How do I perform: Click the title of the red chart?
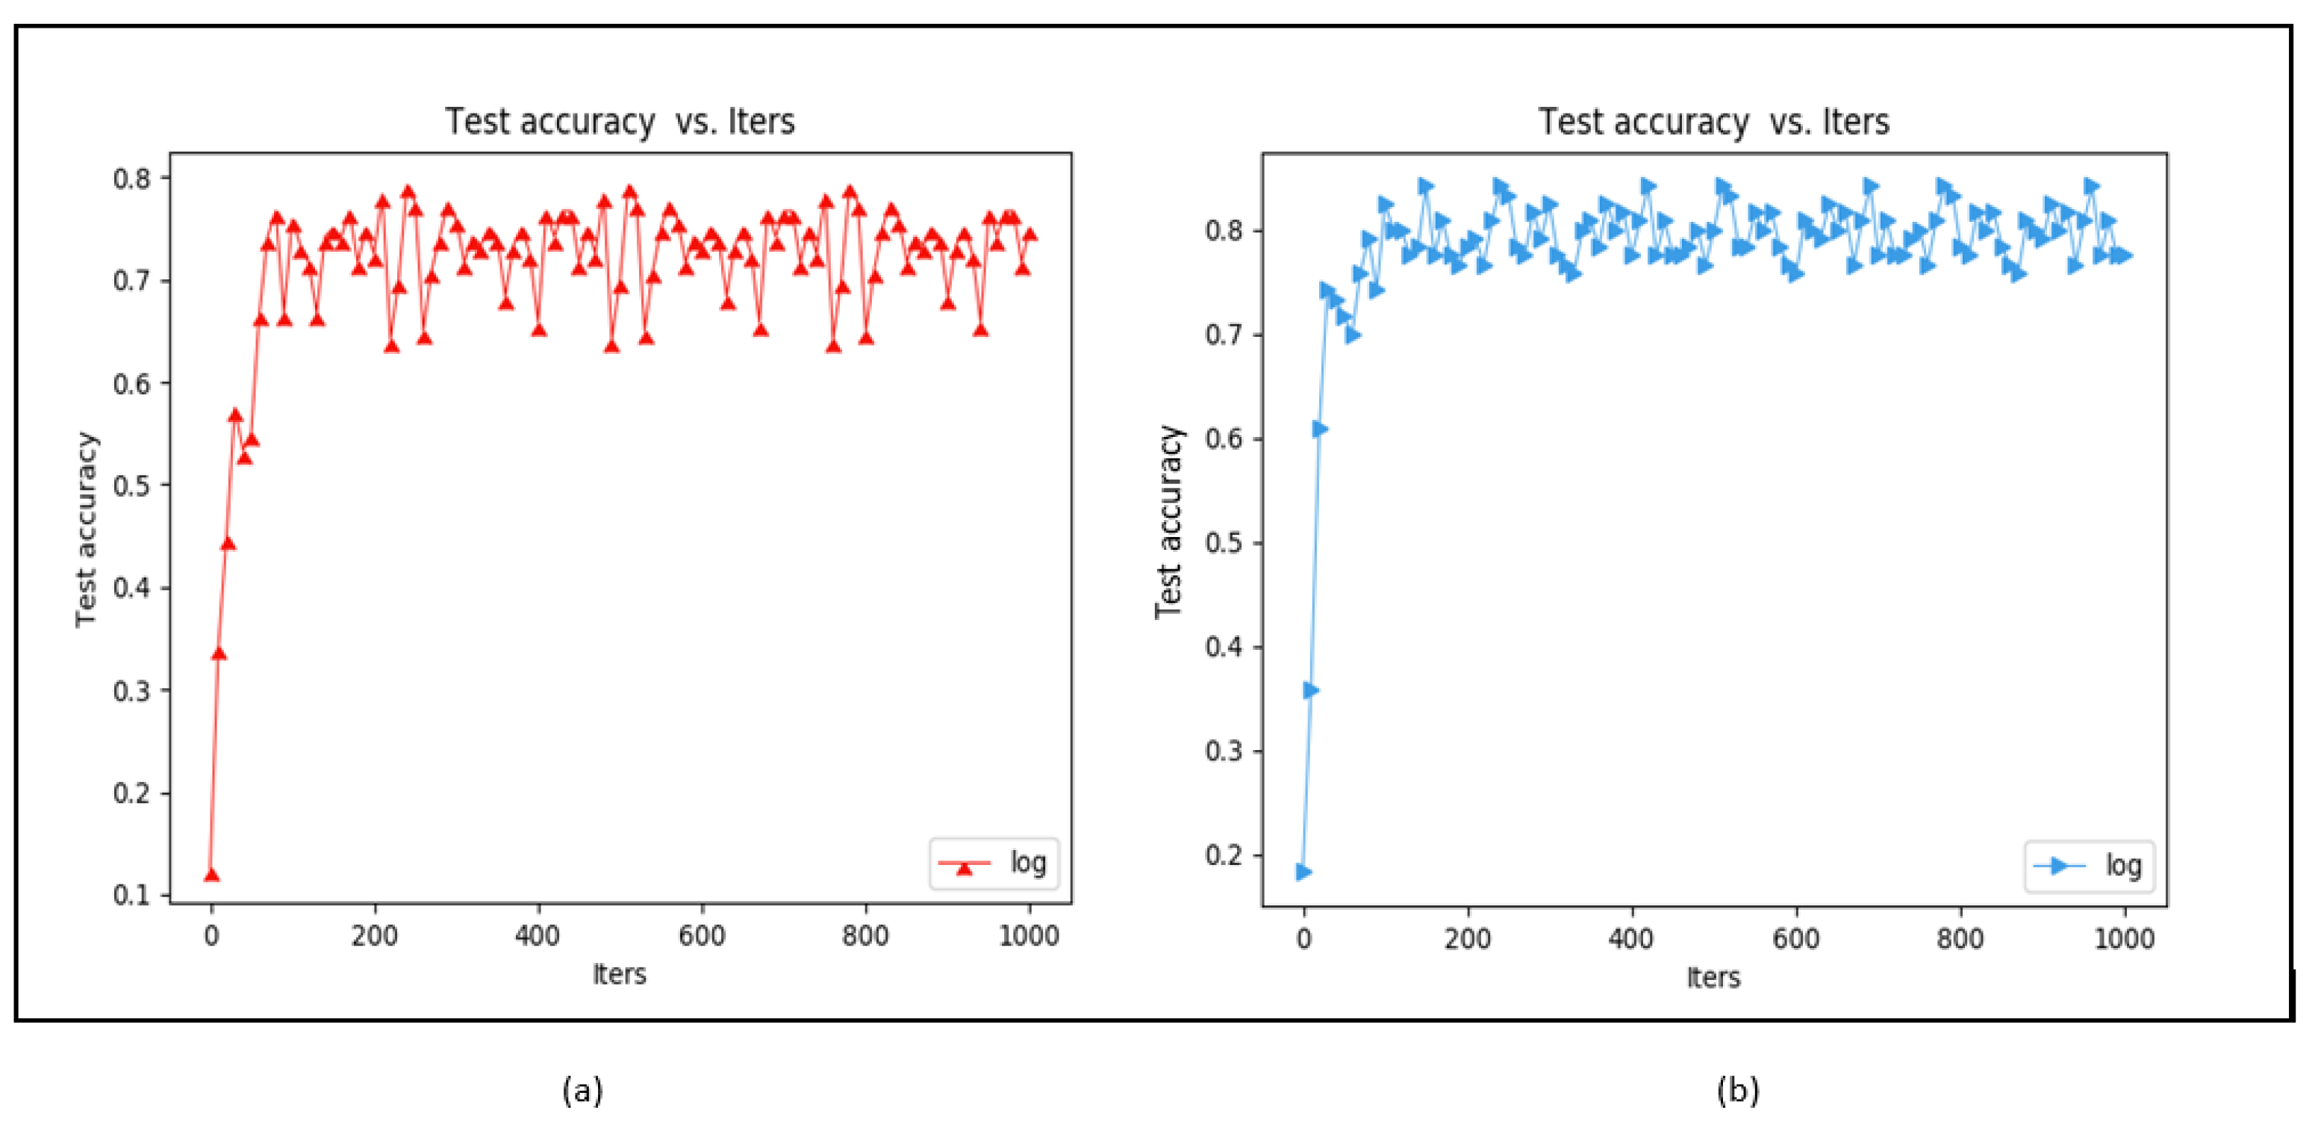click(x=620, y=122)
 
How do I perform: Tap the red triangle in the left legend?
click(x=964, y=867)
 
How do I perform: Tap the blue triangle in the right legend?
click(x=2059, y=866)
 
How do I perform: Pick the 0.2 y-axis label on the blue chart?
click(x=1224, y=855)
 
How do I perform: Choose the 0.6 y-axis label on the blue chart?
click(x=1224, y=439)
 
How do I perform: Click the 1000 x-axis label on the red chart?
click(x=1029, y=936)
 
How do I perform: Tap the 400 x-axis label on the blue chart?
click(x=1631, y=939)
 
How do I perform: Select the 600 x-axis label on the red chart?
click(x=702, y=936)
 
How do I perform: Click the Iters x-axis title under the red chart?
click(x=620, y=974)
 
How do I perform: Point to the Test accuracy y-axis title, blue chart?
click(x=1168, y=523)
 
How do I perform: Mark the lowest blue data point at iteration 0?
click(x=1303, y=872)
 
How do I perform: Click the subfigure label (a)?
click(x=582, y=1091)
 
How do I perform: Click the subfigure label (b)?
click(x=1737, y=1091)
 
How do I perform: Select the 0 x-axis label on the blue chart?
click(x=1303, y=939)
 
